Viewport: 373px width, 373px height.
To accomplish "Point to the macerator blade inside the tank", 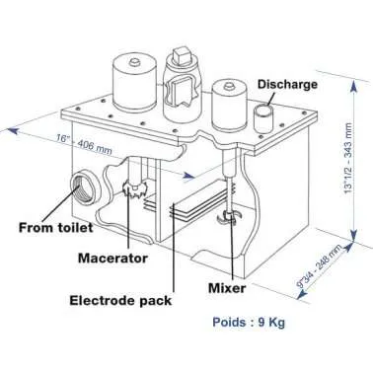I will (x=131, y=187).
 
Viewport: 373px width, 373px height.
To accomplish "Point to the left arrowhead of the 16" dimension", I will (x=12, y=126).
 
